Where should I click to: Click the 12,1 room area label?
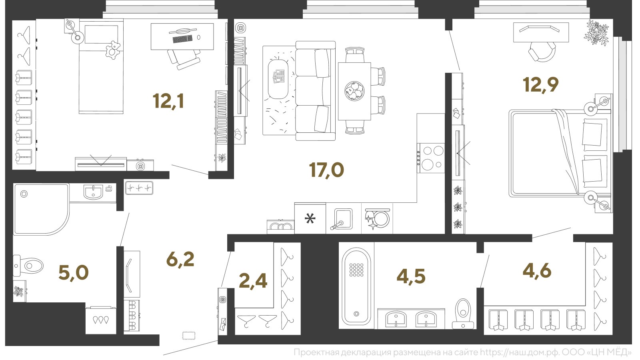[168, 102]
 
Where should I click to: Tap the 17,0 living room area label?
[326, 170]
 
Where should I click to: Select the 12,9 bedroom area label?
[540, 85]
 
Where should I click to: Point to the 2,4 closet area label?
[253, 281]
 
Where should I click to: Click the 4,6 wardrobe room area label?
[537, 270]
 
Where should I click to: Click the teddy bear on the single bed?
[113, 50]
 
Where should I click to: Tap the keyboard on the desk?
[182, 39]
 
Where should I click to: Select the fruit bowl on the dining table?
[354, 91]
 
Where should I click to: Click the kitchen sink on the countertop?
[342, 220]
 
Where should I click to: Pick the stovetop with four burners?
[431, 158]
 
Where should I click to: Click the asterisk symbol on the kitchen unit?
[310, 219]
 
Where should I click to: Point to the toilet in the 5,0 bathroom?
[28, 266]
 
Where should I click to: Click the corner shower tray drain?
[24, 194]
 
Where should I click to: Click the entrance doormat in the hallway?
[189, 336]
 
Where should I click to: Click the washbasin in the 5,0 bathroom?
[93, 192]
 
